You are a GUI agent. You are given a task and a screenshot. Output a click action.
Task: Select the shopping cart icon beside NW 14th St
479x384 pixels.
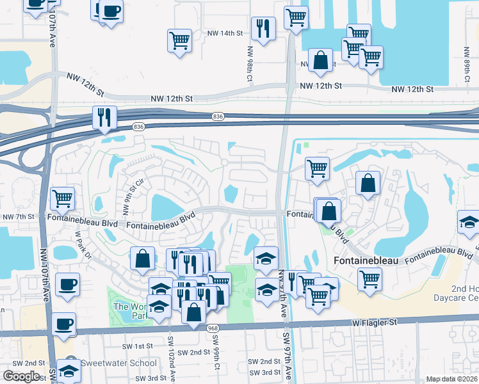coord(179,40)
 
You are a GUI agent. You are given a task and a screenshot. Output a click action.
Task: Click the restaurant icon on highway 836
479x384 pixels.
coord(104,118)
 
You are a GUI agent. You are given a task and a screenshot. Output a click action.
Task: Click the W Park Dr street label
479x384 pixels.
coord(83,247)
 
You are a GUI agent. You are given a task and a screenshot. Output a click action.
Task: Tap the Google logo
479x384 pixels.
coord(21,376)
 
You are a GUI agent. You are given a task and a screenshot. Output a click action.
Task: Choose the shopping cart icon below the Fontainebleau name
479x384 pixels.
coord(369,280)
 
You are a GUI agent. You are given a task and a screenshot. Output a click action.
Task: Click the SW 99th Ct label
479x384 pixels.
coord(218,362)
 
